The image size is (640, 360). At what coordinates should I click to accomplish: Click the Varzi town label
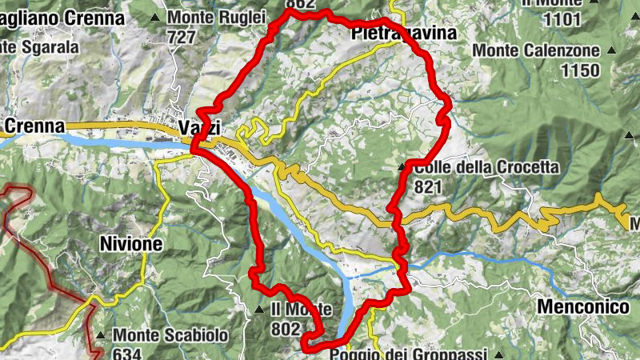click(x=199, y=128)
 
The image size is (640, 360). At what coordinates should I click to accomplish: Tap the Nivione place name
click(x=131, y=244)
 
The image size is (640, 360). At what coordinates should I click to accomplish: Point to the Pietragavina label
click(x=403, y=34)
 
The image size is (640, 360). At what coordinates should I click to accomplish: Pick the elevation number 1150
click(x=580, y=70)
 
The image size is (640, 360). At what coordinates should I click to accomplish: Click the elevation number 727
click(x=182, y=37)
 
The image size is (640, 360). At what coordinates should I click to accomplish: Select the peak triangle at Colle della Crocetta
click(x=402, y=167)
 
